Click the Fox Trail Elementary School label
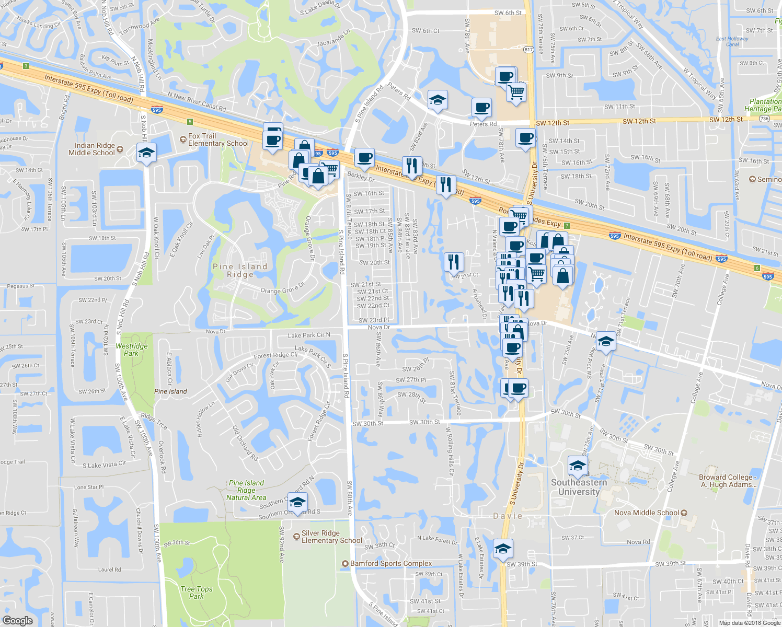pos(218,140)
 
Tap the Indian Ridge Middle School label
pos(91,149)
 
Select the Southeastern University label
pos(579,487)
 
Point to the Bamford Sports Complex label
pos(391,564)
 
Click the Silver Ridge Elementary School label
pos(331,537)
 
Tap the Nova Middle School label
pos(647,513)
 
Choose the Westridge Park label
pos(131,350)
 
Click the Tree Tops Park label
pos(197,593)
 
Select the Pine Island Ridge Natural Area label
pos(246,491)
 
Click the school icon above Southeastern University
pos(578,466)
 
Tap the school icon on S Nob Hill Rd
pos(146,154)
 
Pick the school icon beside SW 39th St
pos(502,549)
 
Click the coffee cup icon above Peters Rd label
pos(481,108)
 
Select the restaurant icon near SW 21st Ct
pos(453,261)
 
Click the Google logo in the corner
pos(17,621)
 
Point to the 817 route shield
pos(528,50)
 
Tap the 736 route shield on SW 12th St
pos(765,119)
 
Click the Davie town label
pos(508,516)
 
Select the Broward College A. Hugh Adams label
pos(728,481)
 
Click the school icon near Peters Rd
pos(437,100)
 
